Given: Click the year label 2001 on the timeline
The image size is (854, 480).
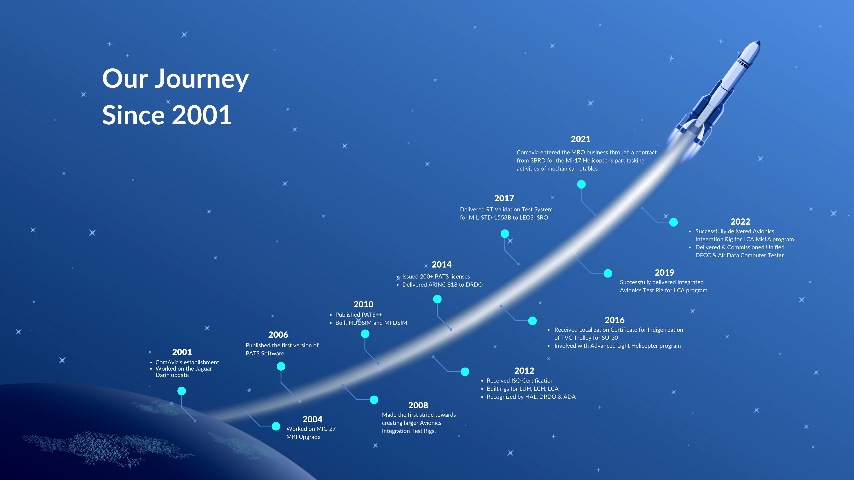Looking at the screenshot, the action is (182, 352).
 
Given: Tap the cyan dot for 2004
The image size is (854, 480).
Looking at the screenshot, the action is (276, 426).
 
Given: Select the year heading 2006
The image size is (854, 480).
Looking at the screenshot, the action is (278, 335).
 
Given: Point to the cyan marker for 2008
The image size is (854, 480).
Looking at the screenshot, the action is (374, 400).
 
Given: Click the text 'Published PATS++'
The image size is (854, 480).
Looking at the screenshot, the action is (359, 315).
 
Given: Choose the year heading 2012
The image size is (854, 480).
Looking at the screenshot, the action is (524, 371).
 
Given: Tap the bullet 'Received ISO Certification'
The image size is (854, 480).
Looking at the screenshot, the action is (520, 381).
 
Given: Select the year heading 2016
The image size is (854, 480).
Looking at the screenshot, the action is (615, 320).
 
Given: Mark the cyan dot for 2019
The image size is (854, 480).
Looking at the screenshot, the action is (608, 273).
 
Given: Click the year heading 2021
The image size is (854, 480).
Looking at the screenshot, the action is (581, 139).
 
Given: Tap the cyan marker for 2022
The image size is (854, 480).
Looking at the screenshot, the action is (673, 222).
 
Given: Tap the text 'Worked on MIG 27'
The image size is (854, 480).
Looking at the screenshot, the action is (311, 429).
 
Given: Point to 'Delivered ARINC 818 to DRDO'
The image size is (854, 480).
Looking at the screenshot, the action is (442, 285).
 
